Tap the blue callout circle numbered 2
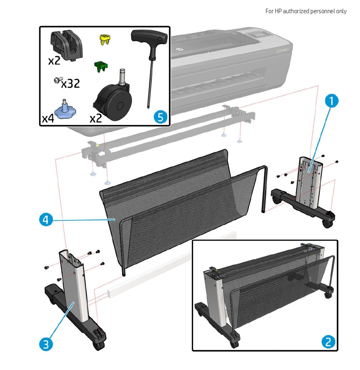click(328, 341)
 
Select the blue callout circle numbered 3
click(46, 344)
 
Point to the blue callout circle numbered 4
click(46, 220)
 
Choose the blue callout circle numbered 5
click(160, 117)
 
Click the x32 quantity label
click(70, 84)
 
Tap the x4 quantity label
click(48, 119)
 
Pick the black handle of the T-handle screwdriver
click(150, 40)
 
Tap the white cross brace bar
click(171, 264)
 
